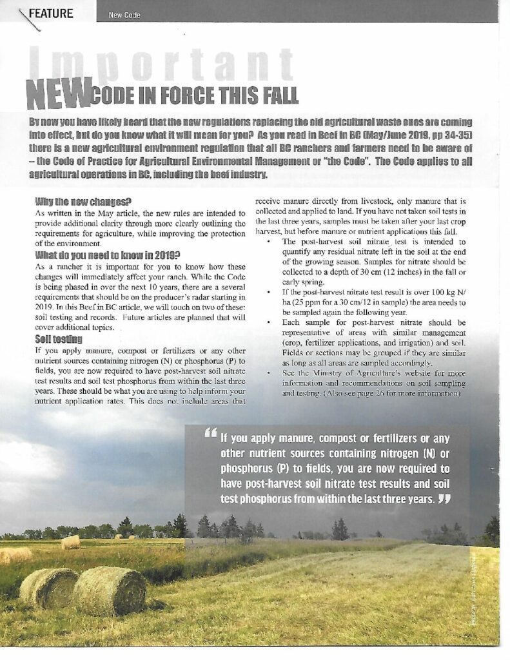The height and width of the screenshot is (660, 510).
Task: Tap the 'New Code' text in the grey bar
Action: (124, 15)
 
